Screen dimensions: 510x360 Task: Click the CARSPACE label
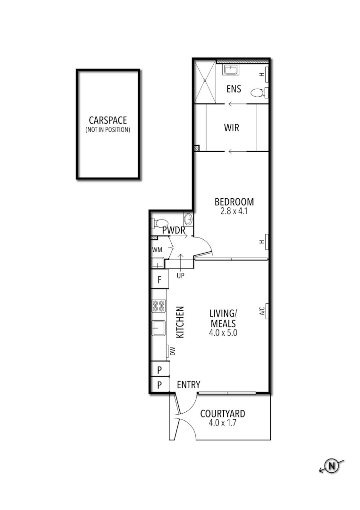coord(108,121)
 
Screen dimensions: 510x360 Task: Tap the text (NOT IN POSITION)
coord(108,129)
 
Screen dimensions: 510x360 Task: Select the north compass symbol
coord(333,466)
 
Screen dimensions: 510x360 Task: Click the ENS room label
coord(234,88)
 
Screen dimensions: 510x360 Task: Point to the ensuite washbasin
coord(231,70)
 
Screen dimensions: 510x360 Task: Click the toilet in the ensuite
coord(258,93)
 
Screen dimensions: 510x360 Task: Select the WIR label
coord(231,127)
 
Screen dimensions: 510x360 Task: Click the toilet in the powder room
coord(161,223)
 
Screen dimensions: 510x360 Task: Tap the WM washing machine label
coord(157,249)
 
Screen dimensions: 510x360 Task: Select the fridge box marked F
coord(159,279)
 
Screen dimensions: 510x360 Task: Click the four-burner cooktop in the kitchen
coord(158,306)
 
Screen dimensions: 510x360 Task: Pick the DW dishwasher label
coord(173,351)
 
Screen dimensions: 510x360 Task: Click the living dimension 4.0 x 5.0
coord(223,332)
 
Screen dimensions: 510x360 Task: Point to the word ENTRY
coord(188,385)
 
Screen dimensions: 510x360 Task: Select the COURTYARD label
coord(222,414)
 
